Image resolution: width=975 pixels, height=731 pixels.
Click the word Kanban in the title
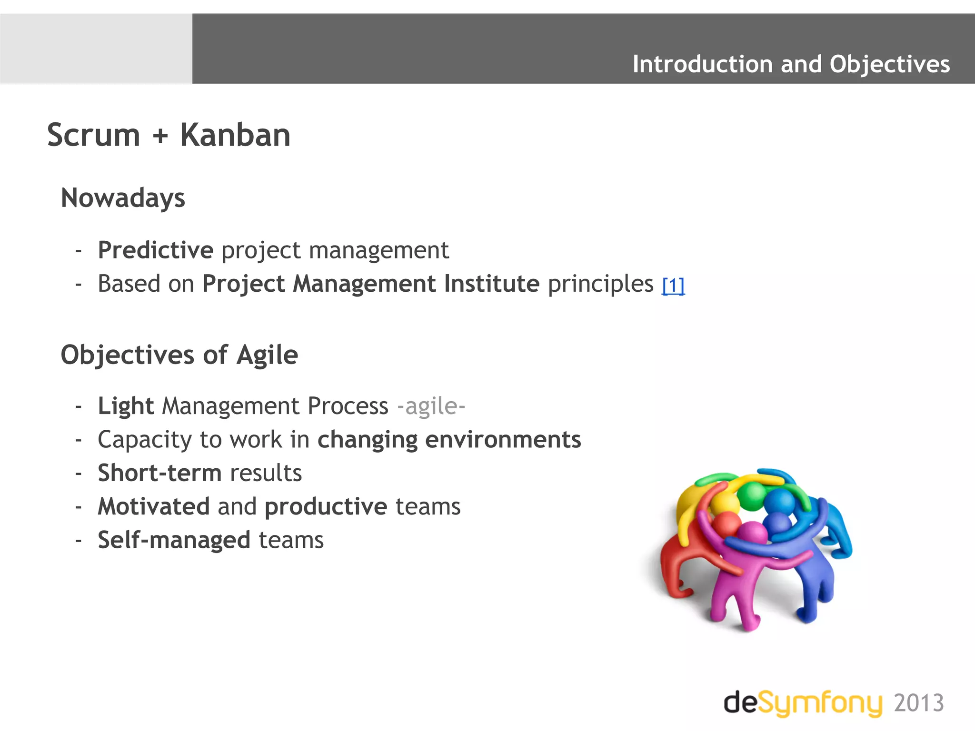(235, 135)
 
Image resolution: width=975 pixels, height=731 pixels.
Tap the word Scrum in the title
(94, 135)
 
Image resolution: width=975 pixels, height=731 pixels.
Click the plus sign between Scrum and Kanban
(160, 136)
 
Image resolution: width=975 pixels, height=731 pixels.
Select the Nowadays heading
(123, 198)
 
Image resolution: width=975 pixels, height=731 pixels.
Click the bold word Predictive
(156, 250)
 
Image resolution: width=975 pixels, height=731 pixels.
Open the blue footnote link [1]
(673, 286)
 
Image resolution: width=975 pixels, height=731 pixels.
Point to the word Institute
(491, 284)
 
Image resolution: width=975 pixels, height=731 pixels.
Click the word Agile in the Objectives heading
(267, 355)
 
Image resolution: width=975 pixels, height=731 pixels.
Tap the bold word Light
(126, 406)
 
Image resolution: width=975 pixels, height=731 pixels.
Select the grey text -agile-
(431, 406)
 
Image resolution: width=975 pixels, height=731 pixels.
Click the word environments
(503, 439)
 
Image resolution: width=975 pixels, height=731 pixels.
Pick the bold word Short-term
(159, 473)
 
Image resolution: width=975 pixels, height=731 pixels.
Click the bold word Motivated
(153, 506)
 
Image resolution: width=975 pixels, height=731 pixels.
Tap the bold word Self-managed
(174, 540)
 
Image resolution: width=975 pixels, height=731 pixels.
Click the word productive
(326, 506)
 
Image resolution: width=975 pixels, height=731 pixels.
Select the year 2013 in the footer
(918, 703)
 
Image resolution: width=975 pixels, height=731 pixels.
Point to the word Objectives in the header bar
(889, 64)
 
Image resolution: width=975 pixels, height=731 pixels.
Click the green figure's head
(752, 495)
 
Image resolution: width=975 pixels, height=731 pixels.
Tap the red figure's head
(726, 524)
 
